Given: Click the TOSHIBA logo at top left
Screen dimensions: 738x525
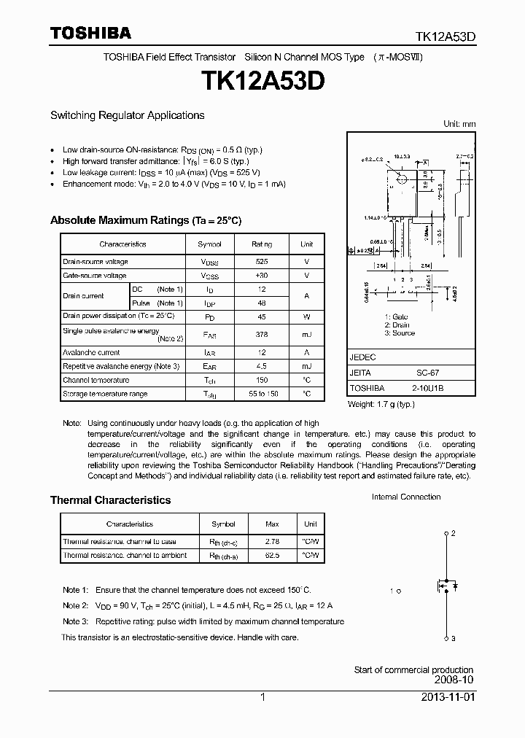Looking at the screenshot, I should coord(90,33).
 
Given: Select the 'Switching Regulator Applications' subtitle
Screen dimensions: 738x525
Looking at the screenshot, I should coord(127,115).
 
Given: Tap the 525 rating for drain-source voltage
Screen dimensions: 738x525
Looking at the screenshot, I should coord(261,261).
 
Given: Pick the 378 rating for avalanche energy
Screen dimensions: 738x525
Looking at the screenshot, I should coord(261,334).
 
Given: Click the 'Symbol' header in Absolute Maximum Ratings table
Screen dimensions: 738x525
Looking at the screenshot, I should coord(209,244).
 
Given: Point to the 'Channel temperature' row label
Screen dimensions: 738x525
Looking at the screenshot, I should coord(96,380).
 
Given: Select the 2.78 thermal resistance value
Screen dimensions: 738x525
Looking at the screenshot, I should coord(272,542).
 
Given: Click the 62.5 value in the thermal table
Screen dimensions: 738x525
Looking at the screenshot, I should coord(272,556).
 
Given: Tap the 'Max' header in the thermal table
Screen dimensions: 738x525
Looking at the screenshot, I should coord(272,524).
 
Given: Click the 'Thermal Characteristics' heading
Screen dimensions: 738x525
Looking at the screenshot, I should coord(110,500).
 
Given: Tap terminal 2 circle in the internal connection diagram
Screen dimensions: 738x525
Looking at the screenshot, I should coord(446,534).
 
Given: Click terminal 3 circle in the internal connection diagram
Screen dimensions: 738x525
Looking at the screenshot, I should coord(446,639).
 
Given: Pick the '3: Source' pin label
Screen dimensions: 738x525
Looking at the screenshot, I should coord(399,333).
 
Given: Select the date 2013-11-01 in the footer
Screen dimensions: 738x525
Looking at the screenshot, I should coord(448,697).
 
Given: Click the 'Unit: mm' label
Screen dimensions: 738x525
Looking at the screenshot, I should coord(459,124).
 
